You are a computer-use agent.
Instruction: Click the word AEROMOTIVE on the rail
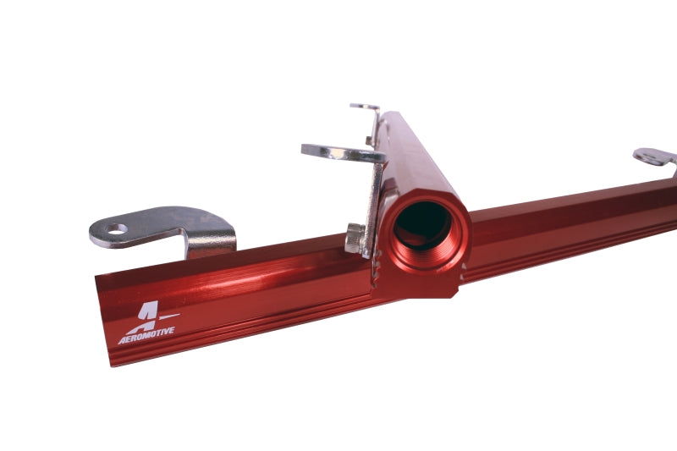pos(146,333)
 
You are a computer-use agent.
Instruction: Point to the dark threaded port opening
pos(422,224)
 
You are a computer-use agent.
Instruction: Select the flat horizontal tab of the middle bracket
pos(338,153)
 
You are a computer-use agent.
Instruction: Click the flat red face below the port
pos(423,283)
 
